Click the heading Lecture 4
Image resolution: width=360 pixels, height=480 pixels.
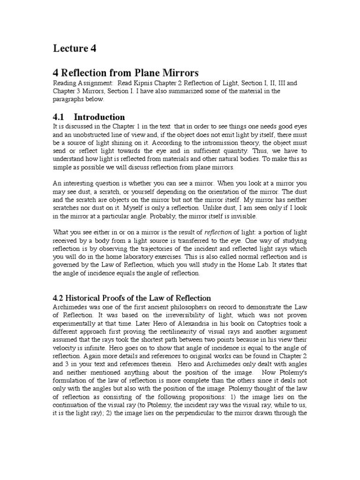pyautogui.click(x=75, y=48)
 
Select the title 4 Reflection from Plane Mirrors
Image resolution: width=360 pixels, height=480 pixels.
pyautogui.click(x=126, y=73)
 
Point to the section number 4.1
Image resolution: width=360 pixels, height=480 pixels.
pyautogui.click(x=60, y=117)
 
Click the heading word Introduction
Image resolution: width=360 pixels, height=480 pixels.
pyautogui.click(x=99, y=117)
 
